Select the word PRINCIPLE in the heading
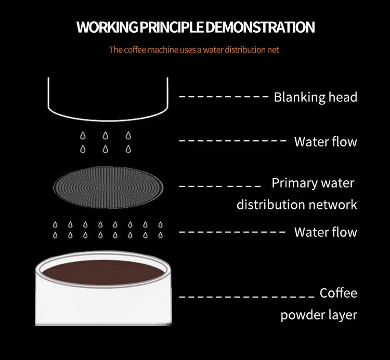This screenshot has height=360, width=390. [170, 27]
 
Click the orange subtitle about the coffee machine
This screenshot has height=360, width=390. [194, 50]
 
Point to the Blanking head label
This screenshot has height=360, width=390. [315, 97]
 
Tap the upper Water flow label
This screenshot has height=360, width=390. [326, 141]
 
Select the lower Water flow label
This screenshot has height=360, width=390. [326, 232]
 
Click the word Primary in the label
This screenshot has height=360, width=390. [294, 183]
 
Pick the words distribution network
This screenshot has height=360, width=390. [296, 204]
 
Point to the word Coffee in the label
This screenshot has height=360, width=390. [339, 293]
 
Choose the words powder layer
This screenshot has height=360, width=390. [319, 315]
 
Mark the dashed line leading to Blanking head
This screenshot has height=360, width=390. [224, 97]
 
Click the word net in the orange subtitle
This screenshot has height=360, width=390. [274, 50]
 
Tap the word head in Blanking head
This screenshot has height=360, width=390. [343, 97]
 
